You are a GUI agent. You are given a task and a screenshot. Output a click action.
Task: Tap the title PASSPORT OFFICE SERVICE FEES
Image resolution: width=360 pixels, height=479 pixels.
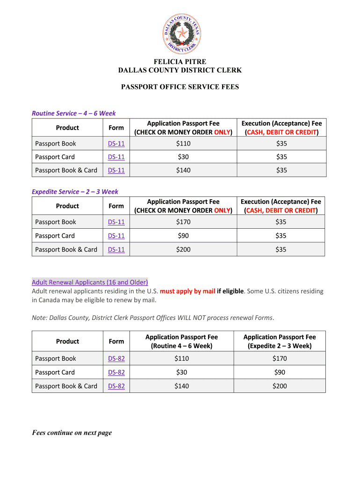[x=180, y=87]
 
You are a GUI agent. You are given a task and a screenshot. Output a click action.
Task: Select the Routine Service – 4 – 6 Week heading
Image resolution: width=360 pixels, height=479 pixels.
[x=73, y=113]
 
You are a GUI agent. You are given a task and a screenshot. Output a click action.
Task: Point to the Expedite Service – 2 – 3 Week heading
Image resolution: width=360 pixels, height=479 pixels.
[x=75, y=191]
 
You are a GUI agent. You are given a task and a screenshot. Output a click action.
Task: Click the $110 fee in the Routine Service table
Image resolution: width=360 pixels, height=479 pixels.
[x=183, y=144]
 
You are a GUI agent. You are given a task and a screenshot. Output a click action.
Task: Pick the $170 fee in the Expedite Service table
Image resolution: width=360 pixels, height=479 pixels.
[x=183, y=222]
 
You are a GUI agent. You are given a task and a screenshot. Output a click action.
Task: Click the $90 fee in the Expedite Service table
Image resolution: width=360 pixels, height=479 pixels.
[x=183, y=236]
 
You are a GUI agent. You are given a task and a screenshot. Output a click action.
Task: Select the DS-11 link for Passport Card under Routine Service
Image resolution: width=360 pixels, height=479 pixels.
[x=116, y=157]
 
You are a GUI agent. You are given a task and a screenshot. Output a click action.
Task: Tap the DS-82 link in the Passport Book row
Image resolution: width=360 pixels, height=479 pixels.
[x=116, y=359]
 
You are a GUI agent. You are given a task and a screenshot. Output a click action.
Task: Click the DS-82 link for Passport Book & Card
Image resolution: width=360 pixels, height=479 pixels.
[x=116, y=386]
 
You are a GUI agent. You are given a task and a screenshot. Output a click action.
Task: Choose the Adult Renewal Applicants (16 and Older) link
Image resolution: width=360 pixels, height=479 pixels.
[x=90, y=282]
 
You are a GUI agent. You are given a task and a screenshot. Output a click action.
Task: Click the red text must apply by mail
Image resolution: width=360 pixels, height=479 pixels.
[x=187, y=291]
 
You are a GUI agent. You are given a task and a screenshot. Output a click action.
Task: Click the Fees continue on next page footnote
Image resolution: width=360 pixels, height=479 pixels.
[x=72, y=433]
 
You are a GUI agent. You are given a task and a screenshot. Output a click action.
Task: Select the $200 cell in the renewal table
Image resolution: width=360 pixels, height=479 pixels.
[x=280, y=386]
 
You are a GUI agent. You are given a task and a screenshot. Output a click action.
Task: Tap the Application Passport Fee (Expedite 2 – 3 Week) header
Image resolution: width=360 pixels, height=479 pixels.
[x=280, y=341]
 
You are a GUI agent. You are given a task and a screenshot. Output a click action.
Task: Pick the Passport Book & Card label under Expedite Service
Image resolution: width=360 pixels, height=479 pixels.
[x=66, y=249]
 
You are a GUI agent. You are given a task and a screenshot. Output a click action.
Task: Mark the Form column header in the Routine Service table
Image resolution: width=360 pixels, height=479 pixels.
[x=116, y=128]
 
